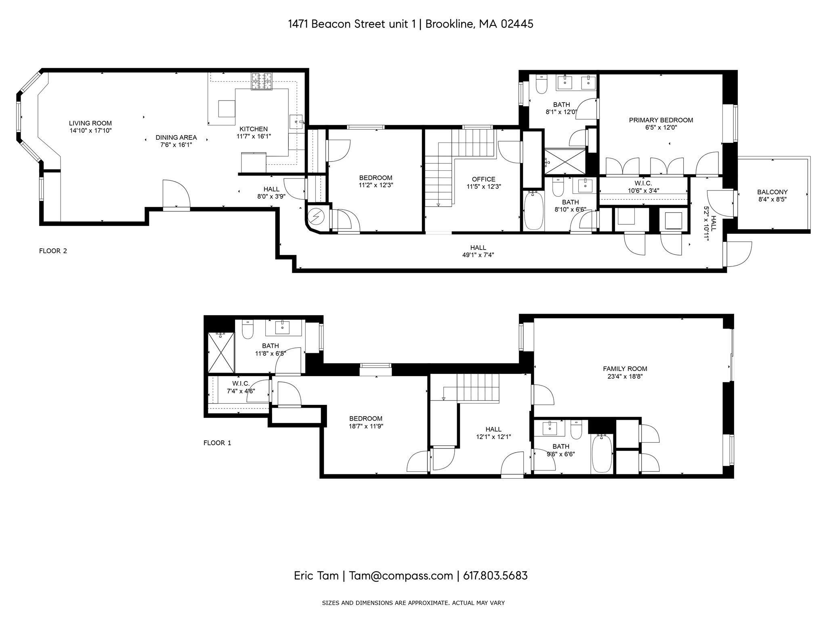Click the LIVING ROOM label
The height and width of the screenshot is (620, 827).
(x=90, y=124)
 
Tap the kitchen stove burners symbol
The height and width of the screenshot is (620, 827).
(x=262, y=81)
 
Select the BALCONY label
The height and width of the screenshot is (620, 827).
(x=772, y=192)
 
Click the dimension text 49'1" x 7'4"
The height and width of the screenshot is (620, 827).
(x=478, y=255)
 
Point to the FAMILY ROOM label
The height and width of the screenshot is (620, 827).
(x=625, y=369)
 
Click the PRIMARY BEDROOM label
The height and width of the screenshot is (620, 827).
(x=661, y=120)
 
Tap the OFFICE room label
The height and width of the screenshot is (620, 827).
(x=483, y=179)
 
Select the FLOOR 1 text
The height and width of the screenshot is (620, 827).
(x=217, y=443)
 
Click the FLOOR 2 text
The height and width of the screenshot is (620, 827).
(x=53, y=251)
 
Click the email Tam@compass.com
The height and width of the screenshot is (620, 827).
(x=401, y=576)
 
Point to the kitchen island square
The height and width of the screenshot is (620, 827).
(x=226, y=108)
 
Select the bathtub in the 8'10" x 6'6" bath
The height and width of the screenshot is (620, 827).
(x=533, y=210)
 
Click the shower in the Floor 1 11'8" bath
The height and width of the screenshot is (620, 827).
(x=221, y=352)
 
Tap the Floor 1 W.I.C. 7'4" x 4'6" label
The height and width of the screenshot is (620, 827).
(x=241, y=383)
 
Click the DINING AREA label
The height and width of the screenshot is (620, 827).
(x=176, y=138)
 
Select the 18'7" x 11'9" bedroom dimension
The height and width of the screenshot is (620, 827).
(x=366, y=426)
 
